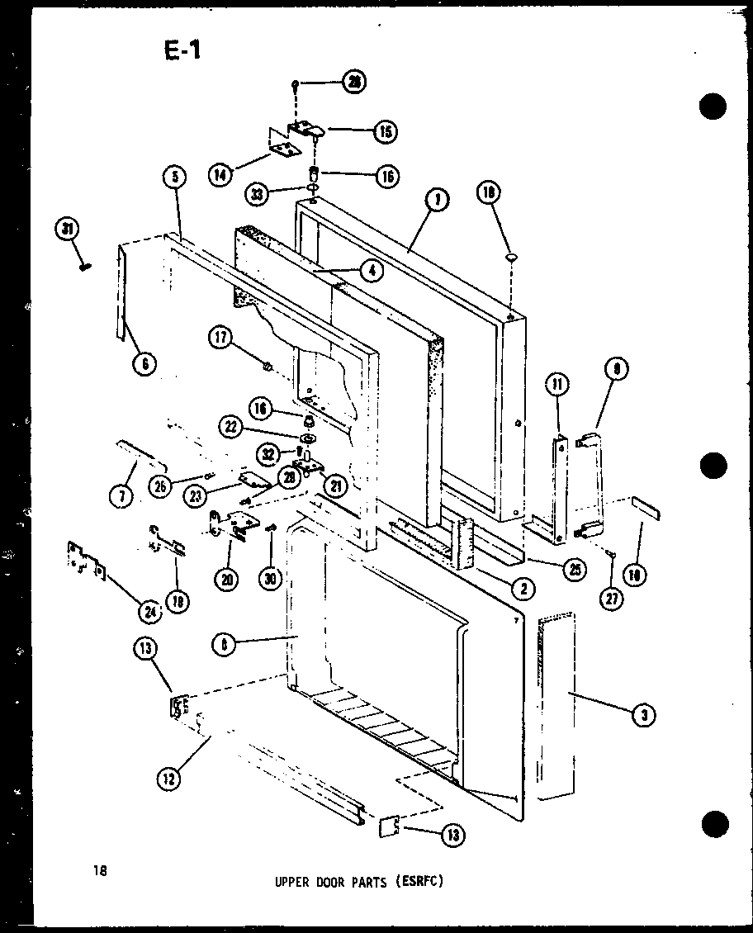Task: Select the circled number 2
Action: click(x=523, y=588)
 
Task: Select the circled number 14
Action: click(x=220, y=175)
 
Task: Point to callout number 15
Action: click(x=386, y=131)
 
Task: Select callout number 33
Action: click(x=258, y=195)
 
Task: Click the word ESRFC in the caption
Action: click(x=421, y=881)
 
